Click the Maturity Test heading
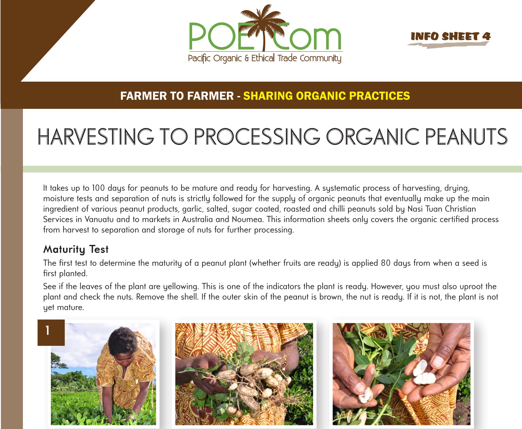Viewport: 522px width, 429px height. (76, 249)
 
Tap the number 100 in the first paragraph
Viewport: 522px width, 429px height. (98, 188)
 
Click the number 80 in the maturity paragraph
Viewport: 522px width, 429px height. (386, 263)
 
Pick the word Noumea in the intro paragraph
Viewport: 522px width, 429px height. (247, 219)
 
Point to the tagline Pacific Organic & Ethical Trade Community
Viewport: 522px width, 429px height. (265, 58)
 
